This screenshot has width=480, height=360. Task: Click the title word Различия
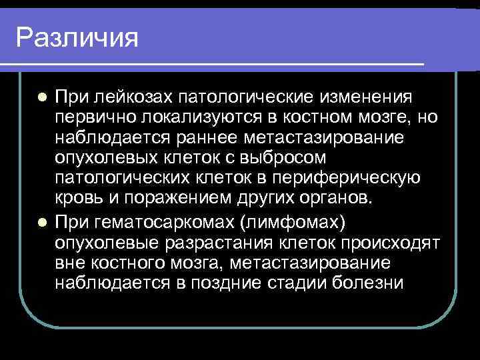[x=77, y=37]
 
